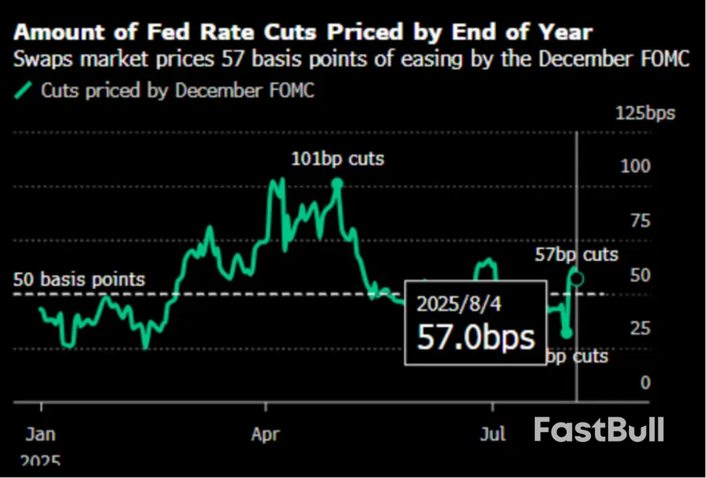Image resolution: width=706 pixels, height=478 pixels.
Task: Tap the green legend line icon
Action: tap(23, 90)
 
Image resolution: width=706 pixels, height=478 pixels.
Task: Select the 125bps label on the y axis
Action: tap(645, 113)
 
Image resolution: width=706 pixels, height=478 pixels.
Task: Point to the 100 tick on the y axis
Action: tap(635, 165)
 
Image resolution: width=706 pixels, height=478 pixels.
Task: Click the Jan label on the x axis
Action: tap(41, 434)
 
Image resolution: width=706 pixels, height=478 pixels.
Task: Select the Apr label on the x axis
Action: tap(266, 434)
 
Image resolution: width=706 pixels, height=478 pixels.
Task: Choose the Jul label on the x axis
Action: tap(491, 434)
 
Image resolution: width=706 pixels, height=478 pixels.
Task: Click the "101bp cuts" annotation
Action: tap(338, 158)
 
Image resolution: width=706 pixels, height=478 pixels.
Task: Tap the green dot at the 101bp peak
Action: tap(337, 184)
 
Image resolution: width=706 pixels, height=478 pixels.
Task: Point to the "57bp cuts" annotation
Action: tap(576, 254)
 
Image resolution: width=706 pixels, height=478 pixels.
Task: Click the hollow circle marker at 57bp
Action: tap(577, 279)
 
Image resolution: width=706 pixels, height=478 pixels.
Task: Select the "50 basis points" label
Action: tap(79, 280)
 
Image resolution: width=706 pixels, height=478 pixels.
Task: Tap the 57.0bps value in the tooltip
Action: tap(476, 337)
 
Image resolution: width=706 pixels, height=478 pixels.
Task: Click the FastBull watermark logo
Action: tap(599, 430)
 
